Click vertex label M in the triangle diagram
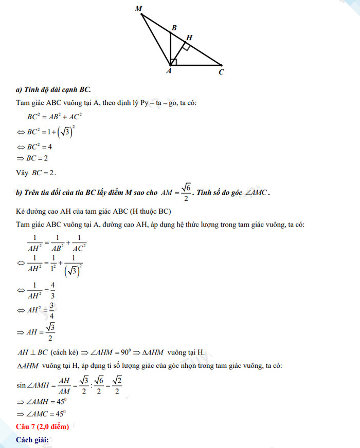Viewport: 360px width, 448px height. point(138,8)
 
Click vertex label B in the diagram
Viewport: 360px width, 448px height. point(174,28)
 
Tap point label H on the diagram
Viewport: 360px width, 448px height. point(189,38)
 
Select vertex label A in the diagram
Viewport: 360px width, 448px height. point(168,71)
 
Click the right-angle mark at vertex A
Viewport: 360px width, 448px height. point(174,62)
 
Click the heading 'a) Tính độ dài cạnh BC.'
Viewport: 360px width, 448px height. point(53,89)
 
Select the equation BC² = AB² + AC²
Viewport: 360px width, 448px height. point(55,117)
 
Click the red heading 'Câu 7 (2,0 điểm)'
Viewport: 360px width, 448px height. point(42,426)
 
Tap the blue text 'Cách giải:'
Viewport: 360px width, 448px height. point(32,440)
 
